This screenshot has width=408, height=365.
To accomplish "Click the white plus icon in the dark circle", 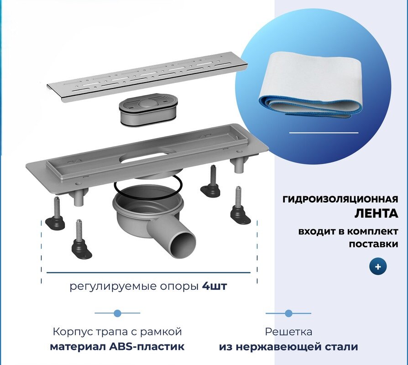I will click(378, 266).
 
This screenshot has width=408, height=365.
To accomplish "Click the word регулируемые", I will click(101, 287).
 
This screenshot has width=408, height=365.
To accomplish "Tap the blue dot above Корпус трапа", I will click(117, 313).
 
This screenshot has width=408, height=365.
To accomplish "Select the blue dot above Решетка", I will click(288, 313).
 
